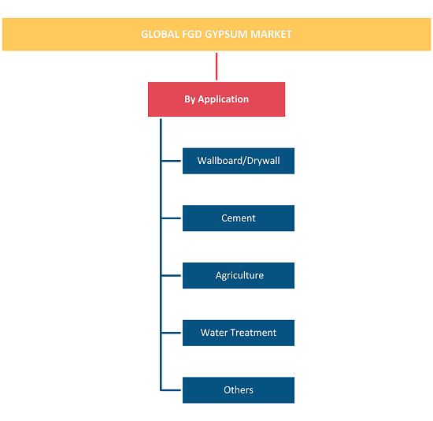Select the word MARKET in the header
click(x=271, y=35)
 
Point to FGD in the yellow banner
click(x=192, y=35)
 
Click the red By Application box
click(x=216, y=99)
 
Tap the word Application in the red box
click(x=223, y=99)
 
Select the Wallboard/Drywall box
click(x=239, y=161)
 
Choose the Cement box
click(x=239, y=218)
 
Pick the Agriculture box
click(x=239, y=275)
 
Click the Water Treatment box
click(x=239, y=333)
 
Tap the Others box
click(x=239, y=390)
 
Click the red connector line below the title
click(x=216, y=66)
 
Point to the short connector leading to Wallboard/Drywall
click(x=171, y=161)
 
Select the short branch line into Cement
click(x=171, y=218)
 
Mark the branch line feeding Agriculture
click(x=171, y=275)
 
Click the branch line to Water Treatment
click(x=171, y=333)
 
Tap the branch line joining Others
click(x=171, y=390)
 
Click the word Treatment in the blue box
click(x=254, y=333)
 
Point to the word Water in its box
click(x=214, y=333)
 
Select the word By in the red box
click(x=190, y=99)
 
